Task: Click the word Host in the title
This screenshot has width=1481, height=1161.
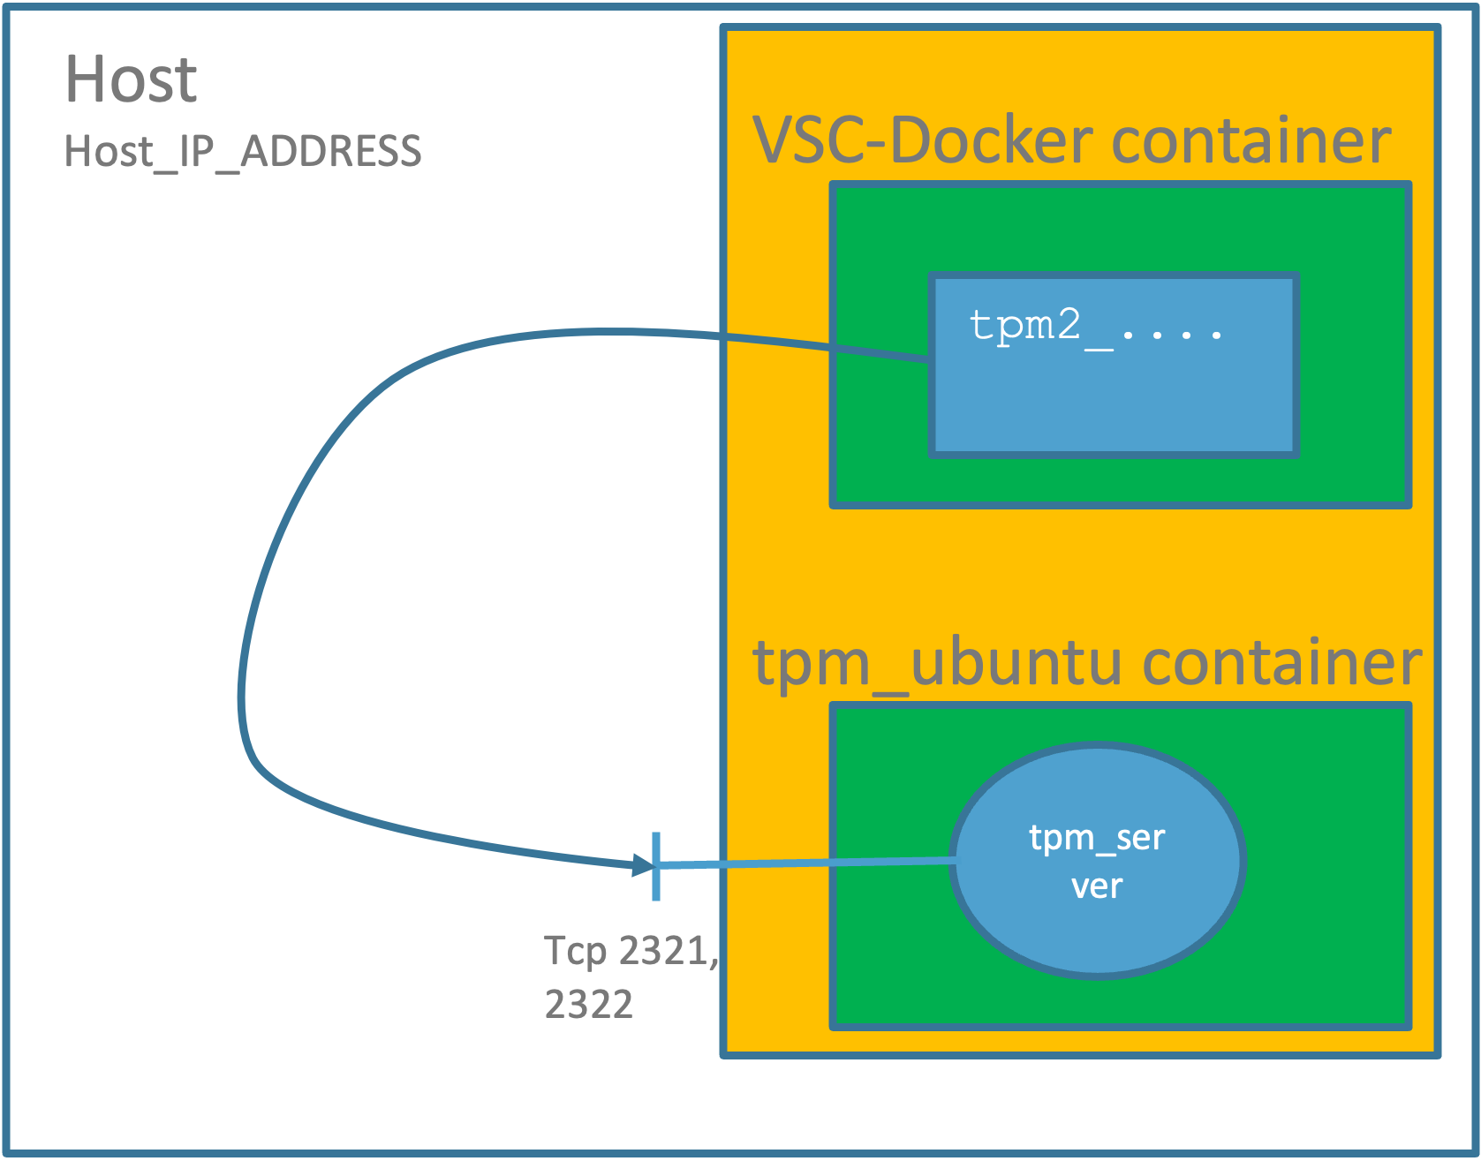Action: tap(131, 79)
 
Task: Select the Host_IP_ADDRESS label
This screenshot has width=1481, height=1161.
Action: tap(243, 151)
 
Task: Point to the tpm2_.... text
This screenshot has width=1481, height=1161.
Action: tap(1095, 327)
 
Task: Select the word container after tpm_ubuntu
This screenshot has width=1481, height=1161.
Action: tap(1282, 662)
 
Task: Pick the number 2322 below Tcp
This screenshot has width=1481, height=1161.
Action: tap(589, 1005)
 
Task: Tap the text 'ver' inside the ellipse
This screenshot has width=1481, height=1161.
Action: tap(1097, 886)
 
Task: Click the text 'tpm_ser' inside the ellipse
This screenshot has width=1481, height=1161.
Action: tap(1097, 838)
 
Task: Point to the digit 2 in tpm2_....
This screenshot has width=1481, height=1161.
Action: tap(1068, 325)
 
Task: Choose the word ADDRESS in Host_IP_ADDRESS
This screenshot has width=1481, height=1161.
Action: tap(331, 151)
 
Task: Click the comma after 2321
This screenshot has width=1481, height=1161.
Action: tap(714, 962)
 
